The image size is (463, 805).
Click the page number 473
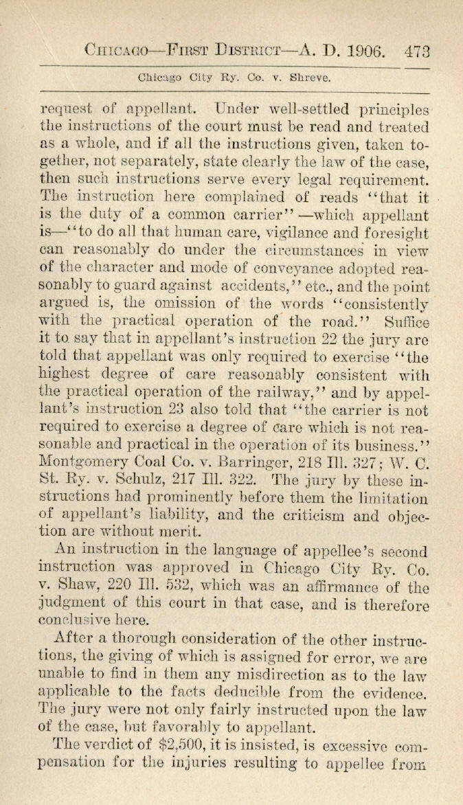coord(418,51)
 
